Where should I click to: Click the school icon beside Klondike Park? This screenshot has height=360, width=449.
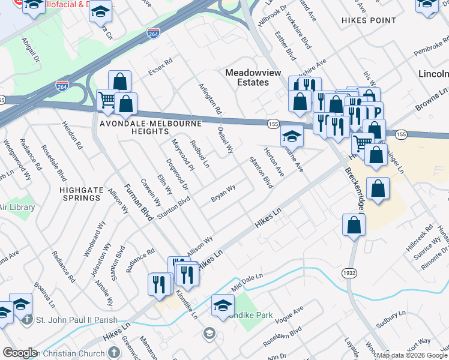pyautogui.click(x=223, y=305)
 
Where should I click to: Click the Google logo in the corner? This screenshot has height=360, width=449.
pyautogui.click(x=19, y=353)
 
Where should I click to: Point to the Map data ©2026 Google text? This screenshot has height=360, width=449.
pyautogui.click(x=411, y=355)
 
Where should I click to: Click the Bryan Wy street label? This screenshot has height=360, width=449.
pyautogui.click(x=223, y=194)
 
